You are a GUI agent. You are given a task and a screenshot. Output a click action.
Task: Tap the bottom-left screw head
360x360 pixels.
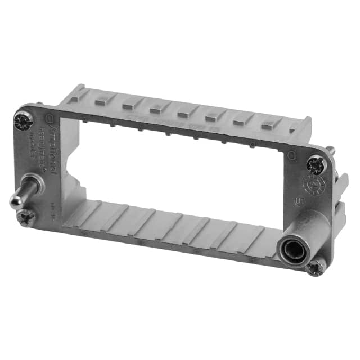tap(25, 217)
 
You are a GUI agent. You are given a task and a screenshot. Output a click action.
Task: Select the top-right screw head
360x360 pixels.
tap(315, 164)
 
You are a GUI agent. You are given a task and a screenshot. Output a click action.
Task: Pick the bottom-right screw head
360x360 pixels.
tap(314, 266)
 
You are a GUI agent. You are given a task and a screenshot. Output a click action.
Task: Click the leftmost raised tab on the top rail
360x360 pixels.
tap(103, 98)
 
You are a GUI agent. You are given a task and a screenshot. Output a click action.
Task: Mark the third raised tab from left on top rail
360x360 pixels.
tap(156, 105)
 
